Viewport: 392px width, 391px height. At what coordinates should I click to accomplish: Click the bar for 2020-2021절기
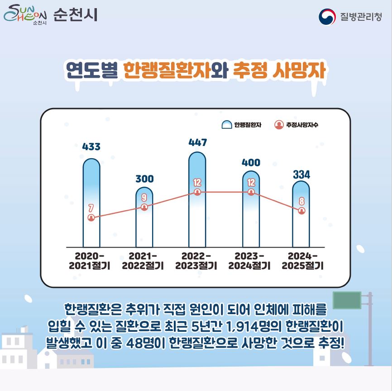click(x=91, y=203)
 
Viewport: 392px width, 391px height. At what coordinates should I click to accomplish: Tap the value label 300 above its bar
click(x=144, y=179)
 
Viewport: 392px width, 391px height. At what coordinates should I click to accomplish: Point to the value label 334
click(x=301, y=174)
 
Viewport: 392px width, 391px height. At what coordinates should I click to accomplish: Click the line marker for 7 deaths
click(x=91, y=217)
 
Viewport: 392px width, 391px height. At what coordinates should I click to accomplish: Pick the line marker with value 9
click(x=144, y=207)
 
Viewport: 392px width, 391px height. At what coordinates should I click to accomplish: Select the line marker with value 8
click(x=301, y=211)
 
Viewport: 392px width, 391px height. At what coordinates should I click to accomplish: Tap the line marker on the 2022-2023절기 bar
click(x=197, y=192)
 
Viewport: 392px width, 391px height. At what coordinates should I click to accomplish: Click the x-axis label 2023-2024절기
click(x=249, y=261)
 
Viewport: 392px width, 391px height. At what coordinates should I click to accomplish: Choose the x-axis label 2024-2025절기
click(x=302, y=261)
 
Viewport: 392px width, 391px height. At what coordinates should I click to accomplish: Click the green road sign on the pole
click(x=347, y=300)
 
